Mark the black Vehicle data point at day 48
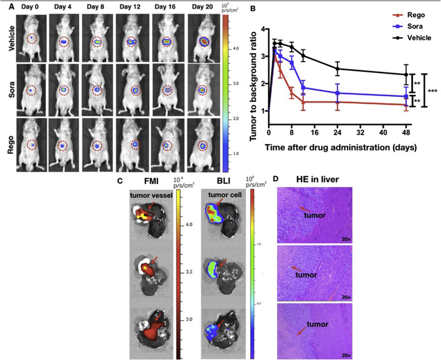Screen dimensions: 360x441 click(x=406, y=75)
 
